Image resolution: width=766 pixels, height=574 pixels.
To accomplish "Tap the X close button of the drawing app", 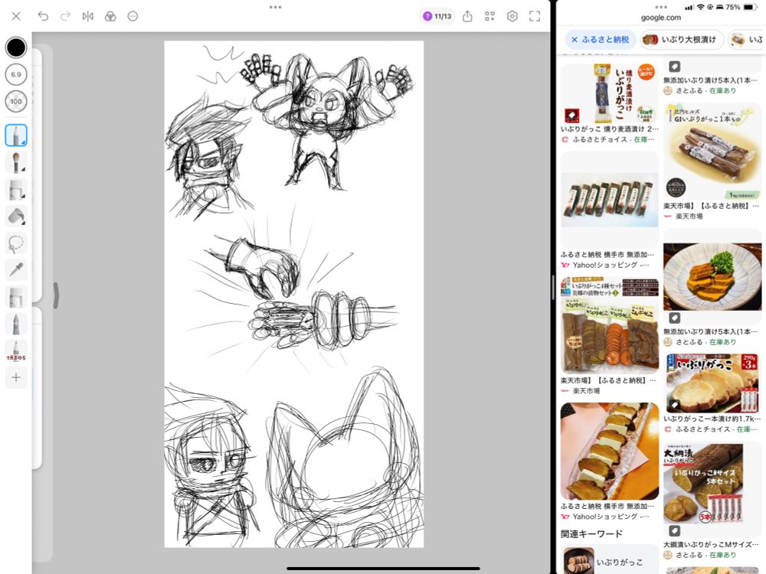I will (x=16, y=16).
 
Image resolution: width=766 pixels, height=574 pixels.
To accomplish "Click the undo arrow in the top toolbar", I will (x=43, y=16).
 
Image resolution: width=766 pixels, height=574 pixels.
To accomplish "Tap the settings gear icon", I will (x=512, y=16).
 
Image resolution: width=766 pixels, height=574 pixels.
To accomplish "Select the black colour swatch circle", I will (x=16, y=47).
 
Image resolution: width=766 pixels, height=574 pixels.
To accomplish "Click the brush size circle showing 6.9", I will (x=16, y=74).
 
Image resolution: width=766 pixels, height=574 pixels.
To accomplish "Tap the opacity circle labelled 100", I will (x=16, y=101).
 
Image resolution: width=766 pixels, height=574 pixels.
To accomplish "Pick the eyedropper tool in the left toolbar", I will (x=16, y=269).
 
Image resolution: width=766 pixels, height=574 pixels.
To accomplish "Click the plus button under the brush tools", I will (x=16, y=377).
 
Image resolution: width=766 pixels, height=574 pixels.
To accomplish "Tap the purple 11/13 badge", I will (x=437, y=16).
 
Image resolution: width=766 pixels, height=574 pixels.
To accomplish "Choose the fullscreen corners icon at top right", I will (x=535, y=16).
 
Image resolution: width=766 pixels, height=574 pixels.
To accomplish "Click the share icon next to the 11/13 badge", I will (x=467, y=16).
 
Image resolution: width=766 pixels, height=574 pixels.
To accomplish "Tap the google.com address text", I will (x=660, y=18).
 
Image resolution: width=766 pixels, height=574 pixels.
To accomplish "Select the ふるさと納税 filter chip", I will (x=601, y=39).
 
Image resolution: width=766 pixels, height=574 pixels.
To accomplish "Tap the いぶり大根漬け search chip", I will (x=682, y=39).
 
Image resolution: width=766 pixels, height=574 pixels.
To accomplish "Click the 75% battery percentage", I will (x=732, y=7).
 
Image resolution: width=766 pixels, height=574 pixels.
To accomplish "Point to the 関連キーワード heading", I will (x=592, y=533).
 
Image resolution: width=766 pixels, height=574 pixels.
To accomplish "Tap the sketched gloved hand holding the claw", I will (x=257, y=264).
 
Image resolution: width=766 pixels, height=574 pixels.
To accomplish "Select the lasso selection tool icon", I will (x=16, y=243).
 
